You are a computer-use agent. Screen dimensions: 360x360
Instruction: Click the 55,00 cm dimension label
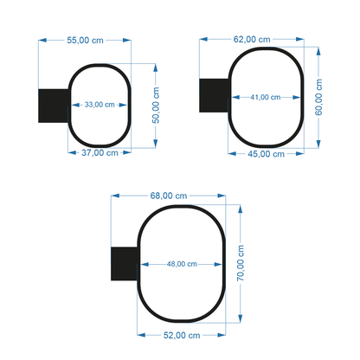pyautogui.click(x=84, y=40)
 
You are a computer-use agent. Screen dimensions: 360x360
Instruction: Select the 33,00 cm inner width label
pyautogui.click(x=100, y=105)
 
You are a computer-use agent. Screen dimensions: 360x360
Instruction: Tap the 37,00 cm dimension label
pyautogui.click(x=100, y=152)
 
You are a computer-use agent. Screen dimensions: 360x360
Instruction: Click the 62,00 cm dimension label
pyautogui.click(x=252, y=39)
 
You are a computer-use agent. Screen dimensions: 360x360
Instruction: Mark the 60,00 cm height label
pyautogui.click(x=318, y=96)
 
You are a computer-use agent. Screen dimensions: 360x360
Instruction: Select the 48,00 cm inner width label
pyautogui.click(x=182, y=264)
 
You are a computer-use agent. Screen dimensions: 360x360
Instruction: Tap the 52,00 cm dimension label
pyautogui.click(x=182, y=334)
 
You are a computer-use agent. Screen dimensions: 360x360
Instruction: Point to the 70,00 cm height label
pyautogui.click(x=241, y=264)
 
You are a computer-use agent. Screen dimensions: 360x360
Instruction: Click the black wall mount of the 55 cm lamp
pyautogui.click(x=53, y=105)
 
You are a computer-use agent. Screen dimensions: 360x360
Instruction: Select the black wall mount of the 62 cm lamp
pyautogui.click(x=214, y=95)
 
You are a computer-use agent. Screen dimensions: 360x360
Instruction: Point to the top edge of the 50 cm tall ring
pyautogui.click(x=100, y=65)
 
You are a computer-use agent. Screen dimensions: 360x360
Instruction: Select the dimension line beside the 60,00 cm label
pyautogui.click(x=311, y=96)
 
